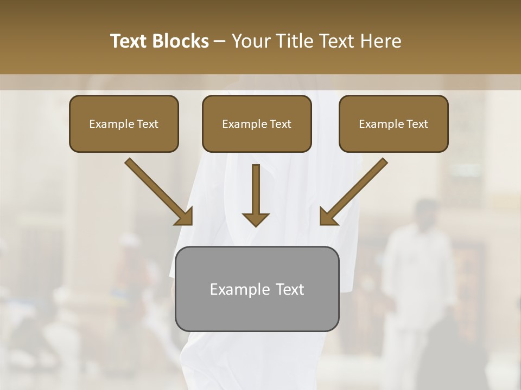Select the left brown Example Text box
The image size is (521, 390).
(124, 123)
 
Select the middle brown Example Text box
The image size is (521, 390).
(257, 123)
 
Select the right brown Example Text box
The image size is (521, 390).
(393, 123)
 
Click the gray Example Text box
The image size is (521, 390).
(257, 289)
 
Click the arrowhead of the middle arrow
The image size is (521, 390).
(256, 219)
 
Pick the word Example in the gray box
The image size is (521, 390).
(237, 289)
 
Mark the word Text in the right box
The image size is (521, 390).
(417, 124)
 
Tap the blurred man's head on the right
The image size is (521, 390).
(424, 212)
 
